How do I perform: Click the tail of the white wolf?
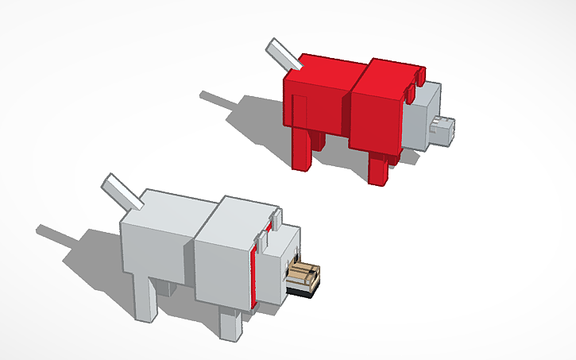coord(119,191)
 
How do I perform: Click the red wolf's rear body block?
coord(314,103)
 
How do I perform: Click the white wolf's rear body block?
coord(155,246)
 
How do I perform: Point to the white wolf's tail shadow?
coord(60,235)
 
